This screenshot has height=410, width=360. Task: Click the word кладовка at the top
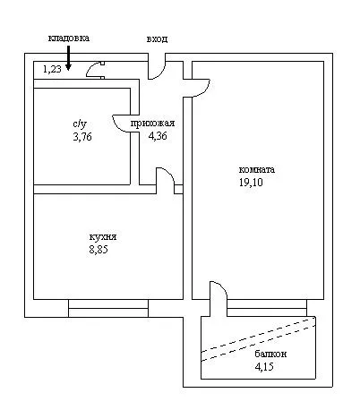coord(69,38)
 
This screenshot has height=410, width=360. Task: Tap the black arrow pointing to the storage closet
coord(68,58)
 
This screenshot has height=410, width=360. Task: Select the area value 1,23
coord(52,69)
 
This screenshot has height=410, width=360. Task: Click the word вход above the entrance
coord(157,39)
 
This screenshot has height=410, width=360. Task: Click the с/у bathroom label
coord(80,124)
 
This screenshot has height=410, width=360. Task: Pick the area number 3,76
coord(82,137)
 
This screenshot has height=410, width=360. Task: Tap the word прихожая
coord(152,123)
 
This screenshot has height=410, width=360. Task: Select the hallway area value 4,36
coord(158,136)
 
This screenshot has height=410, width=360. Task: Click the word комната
coord(257,169)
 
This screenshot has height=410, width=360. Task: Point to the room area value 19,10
coord(251,182)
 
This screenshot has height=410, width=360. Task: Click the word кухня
coord(103,237)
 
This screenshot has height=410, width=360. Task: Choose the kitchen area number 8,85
coord(99,250)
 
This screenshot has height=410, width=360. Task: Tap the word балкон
coord(270,354)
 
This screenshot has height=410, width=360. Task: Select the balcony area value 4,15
coord(264,366)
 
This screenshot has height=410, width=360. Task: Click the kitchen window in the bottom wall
coord(108,308)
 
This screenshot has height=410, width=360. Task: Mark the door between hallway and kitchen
coord(165,181)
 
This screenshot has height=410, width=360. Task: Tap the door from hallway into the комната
coord(201,89)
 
